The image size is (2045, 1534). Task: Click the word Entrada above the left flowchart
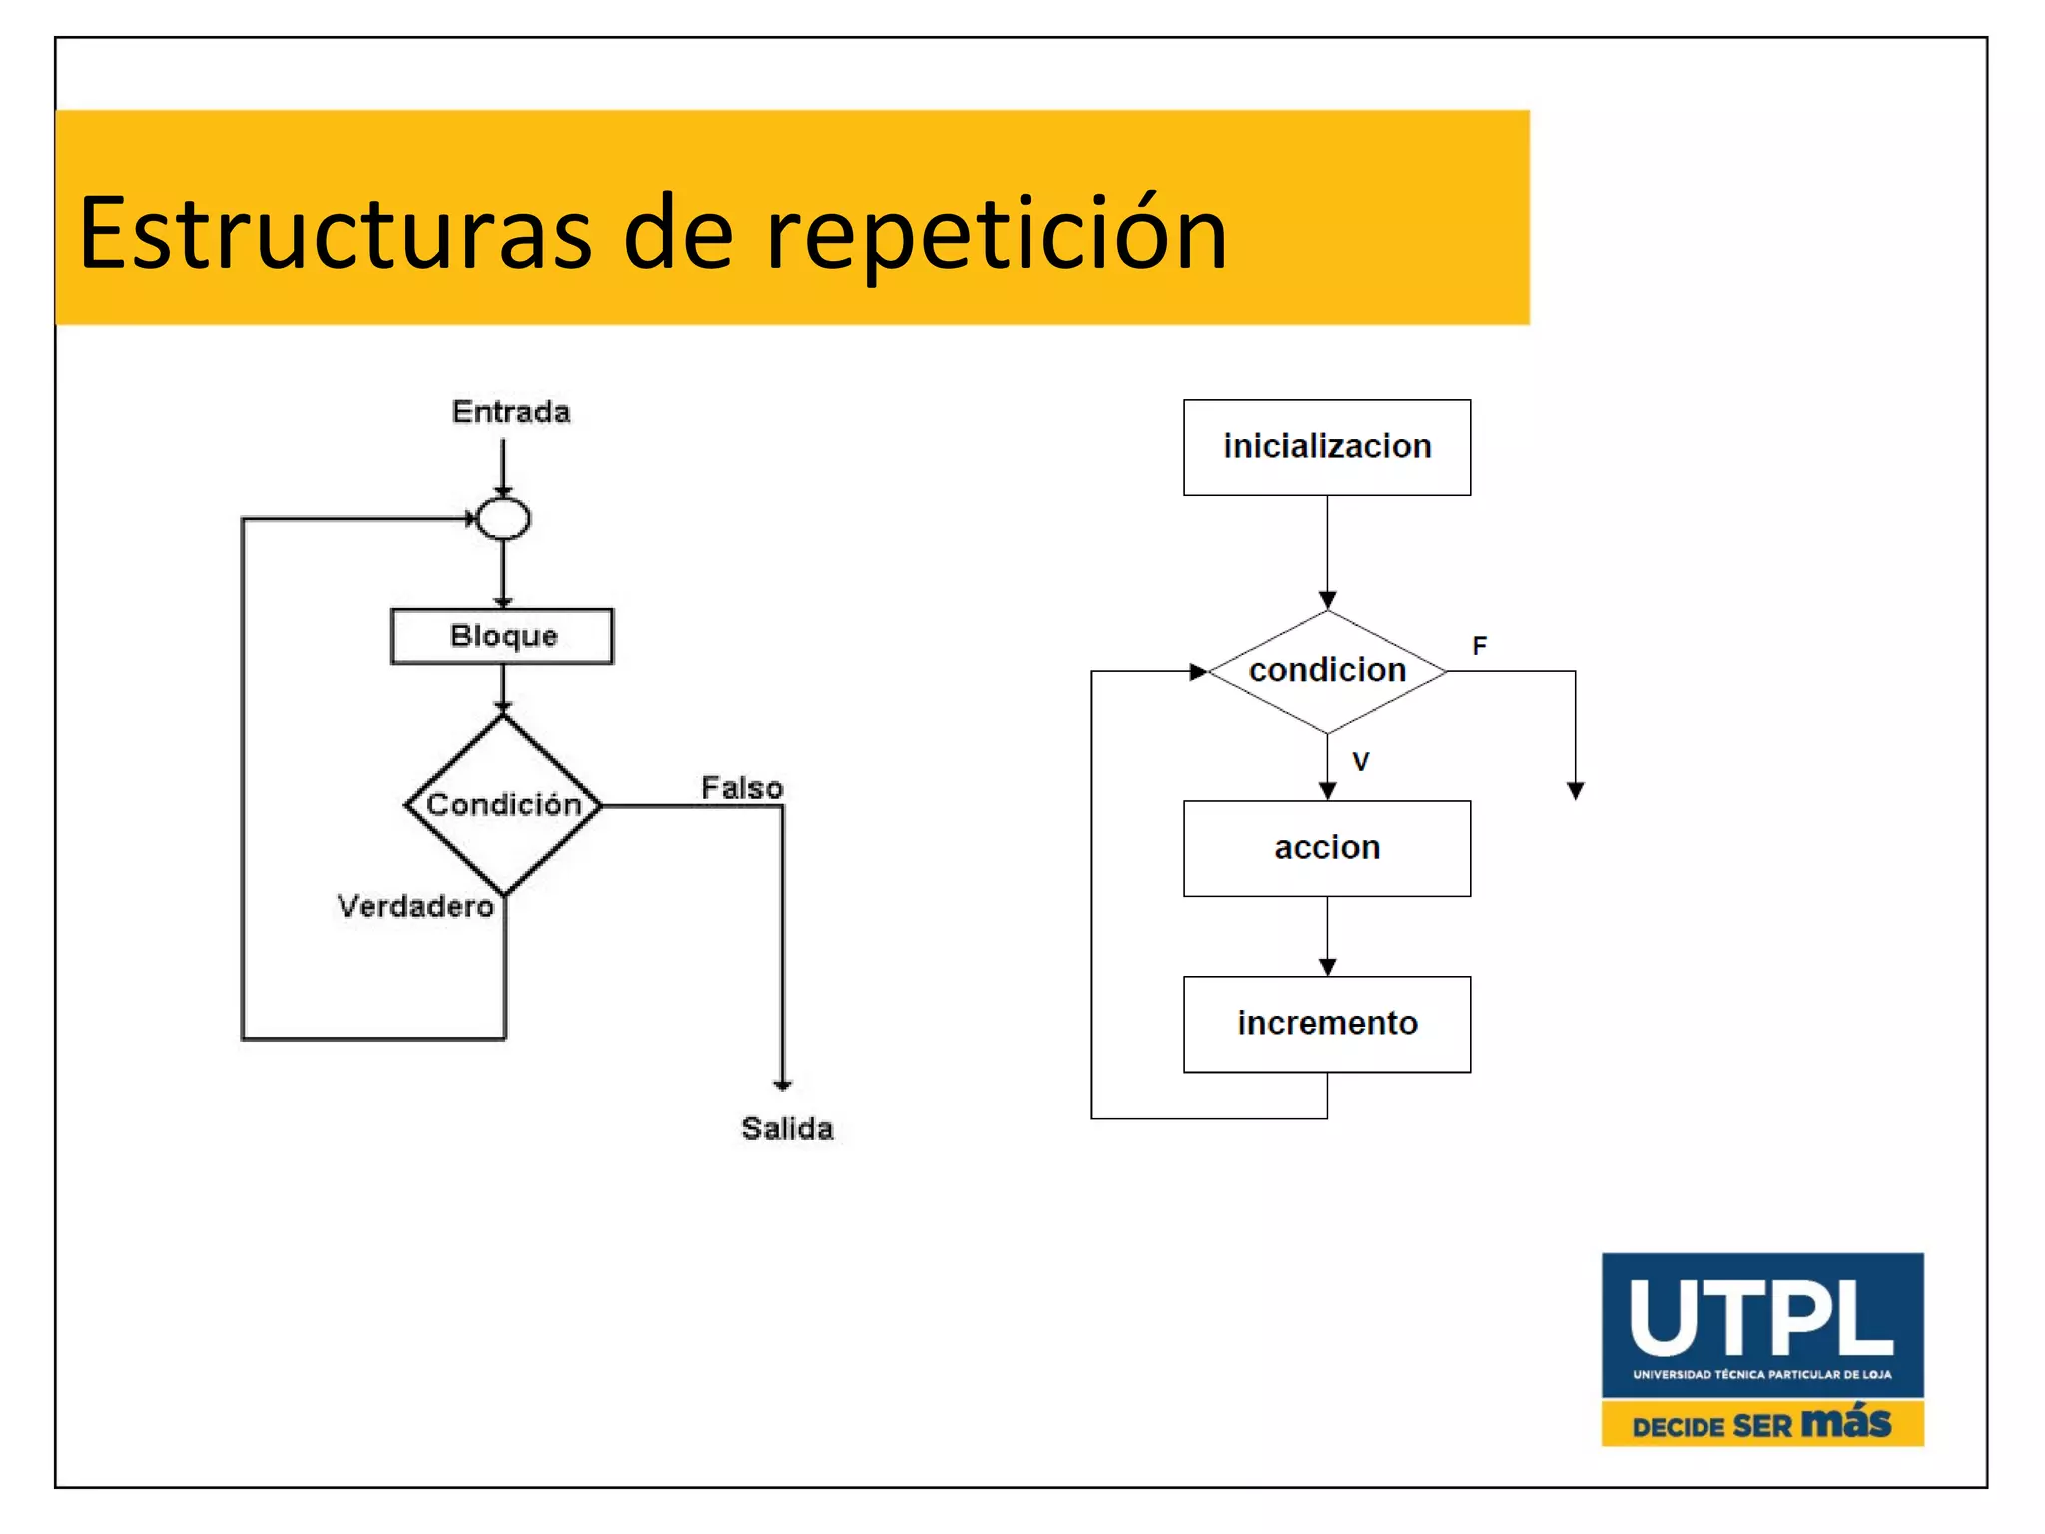[x=510, y=411]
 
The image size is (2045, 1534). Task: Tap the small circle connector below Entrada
[x=503, y=518]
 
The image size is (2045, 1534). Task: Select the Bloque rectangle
[x=502, y=636]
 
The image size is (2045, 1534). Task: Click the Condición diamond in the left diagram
[x=503, y=804]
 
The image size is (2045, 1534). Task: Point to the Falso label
[x=741, y=788]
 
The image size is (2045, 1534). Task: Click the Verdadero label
[x=415, y=906]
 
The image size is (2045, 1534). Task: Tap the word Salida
[x=787, y=1128]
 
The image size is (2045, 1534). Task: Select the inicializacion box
[x=1326, y=447]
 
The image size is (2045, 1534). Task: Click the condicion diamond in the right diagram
[x=1326, y=671]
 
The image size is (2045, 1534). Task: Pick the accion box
[x=1326, y=848]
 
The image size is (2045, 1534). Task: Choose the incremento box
[x=1326, y=1024]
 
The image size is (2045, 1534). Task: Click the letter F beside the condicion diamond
[x=1479, y=646]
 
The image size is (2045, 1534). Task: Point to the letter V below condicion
[x=1360, y=762]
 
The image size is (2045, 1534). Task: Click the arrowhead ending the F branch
[x=1575, y=791]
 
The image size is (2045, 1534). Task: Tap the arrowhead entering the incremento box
[x=1327, y=967]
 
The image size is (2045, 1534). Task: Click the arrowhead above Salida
[x=782, y=1084]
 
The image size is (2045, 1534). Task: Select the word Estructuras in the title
[x=336, y=235]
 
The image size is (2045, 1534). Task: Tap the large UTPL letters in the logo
[x=1761, y=1319]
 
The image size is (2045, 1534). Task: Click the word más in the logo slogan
[x=1846, y=1421]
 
